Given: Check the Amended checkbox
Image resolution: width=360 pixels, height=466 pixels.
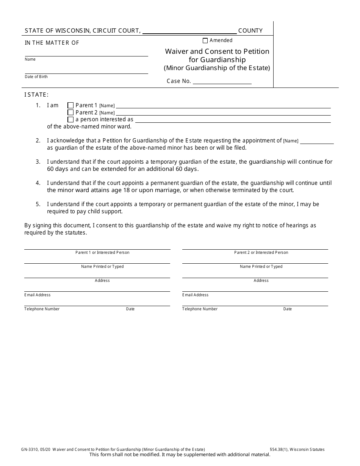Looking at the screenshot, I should [x=205, y=41].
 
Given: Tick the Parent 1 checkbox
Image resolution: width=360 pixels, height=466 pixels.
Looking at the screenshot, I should [x=70, y=105].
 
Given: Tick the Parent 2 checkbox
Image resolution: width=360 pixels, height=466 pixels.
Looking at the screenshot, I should [x=70, y=113].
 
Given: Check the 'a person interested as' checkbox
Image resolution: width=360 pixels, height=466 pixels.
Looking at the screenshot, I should [x=70, y=119].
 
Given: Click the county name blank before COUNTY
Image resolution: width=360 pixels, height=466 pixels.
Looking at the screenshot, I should [x=189, y=31].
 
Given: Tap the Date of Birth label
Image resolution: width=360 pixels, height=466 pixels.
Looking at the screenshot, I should [x=36, y=77].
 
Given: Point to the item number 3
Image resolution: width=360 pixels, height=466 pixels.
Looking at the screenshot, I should [x=38, y=162].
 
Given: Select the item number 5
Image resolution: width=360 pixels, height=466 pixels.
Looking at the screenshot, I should [x=38, y=204].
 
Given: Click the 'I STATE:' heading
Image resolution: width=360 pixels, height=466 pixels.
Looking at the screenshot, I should [x=36, y=95].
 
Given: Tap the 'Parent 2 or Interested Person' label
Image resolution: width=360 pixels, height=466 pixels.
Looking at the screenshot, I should [x=261, y=252].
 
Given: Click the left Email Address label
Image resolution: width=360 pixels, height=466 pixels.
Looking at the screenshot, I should [x=38, y=295].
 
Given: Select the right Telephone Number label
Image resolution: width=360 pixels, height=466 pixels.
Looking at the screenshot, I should [x=200, y=309].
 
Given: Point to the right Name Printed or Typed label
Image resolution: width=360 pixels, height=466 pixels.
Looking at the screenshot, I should [x=261, y=266].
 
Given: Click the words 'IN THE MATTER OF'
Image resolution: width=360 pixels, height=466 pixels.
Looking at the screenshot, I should [x=52, y=43].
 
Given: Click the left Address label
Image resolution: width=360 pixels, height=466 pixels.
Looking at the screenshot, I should [x=102, y=280].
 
